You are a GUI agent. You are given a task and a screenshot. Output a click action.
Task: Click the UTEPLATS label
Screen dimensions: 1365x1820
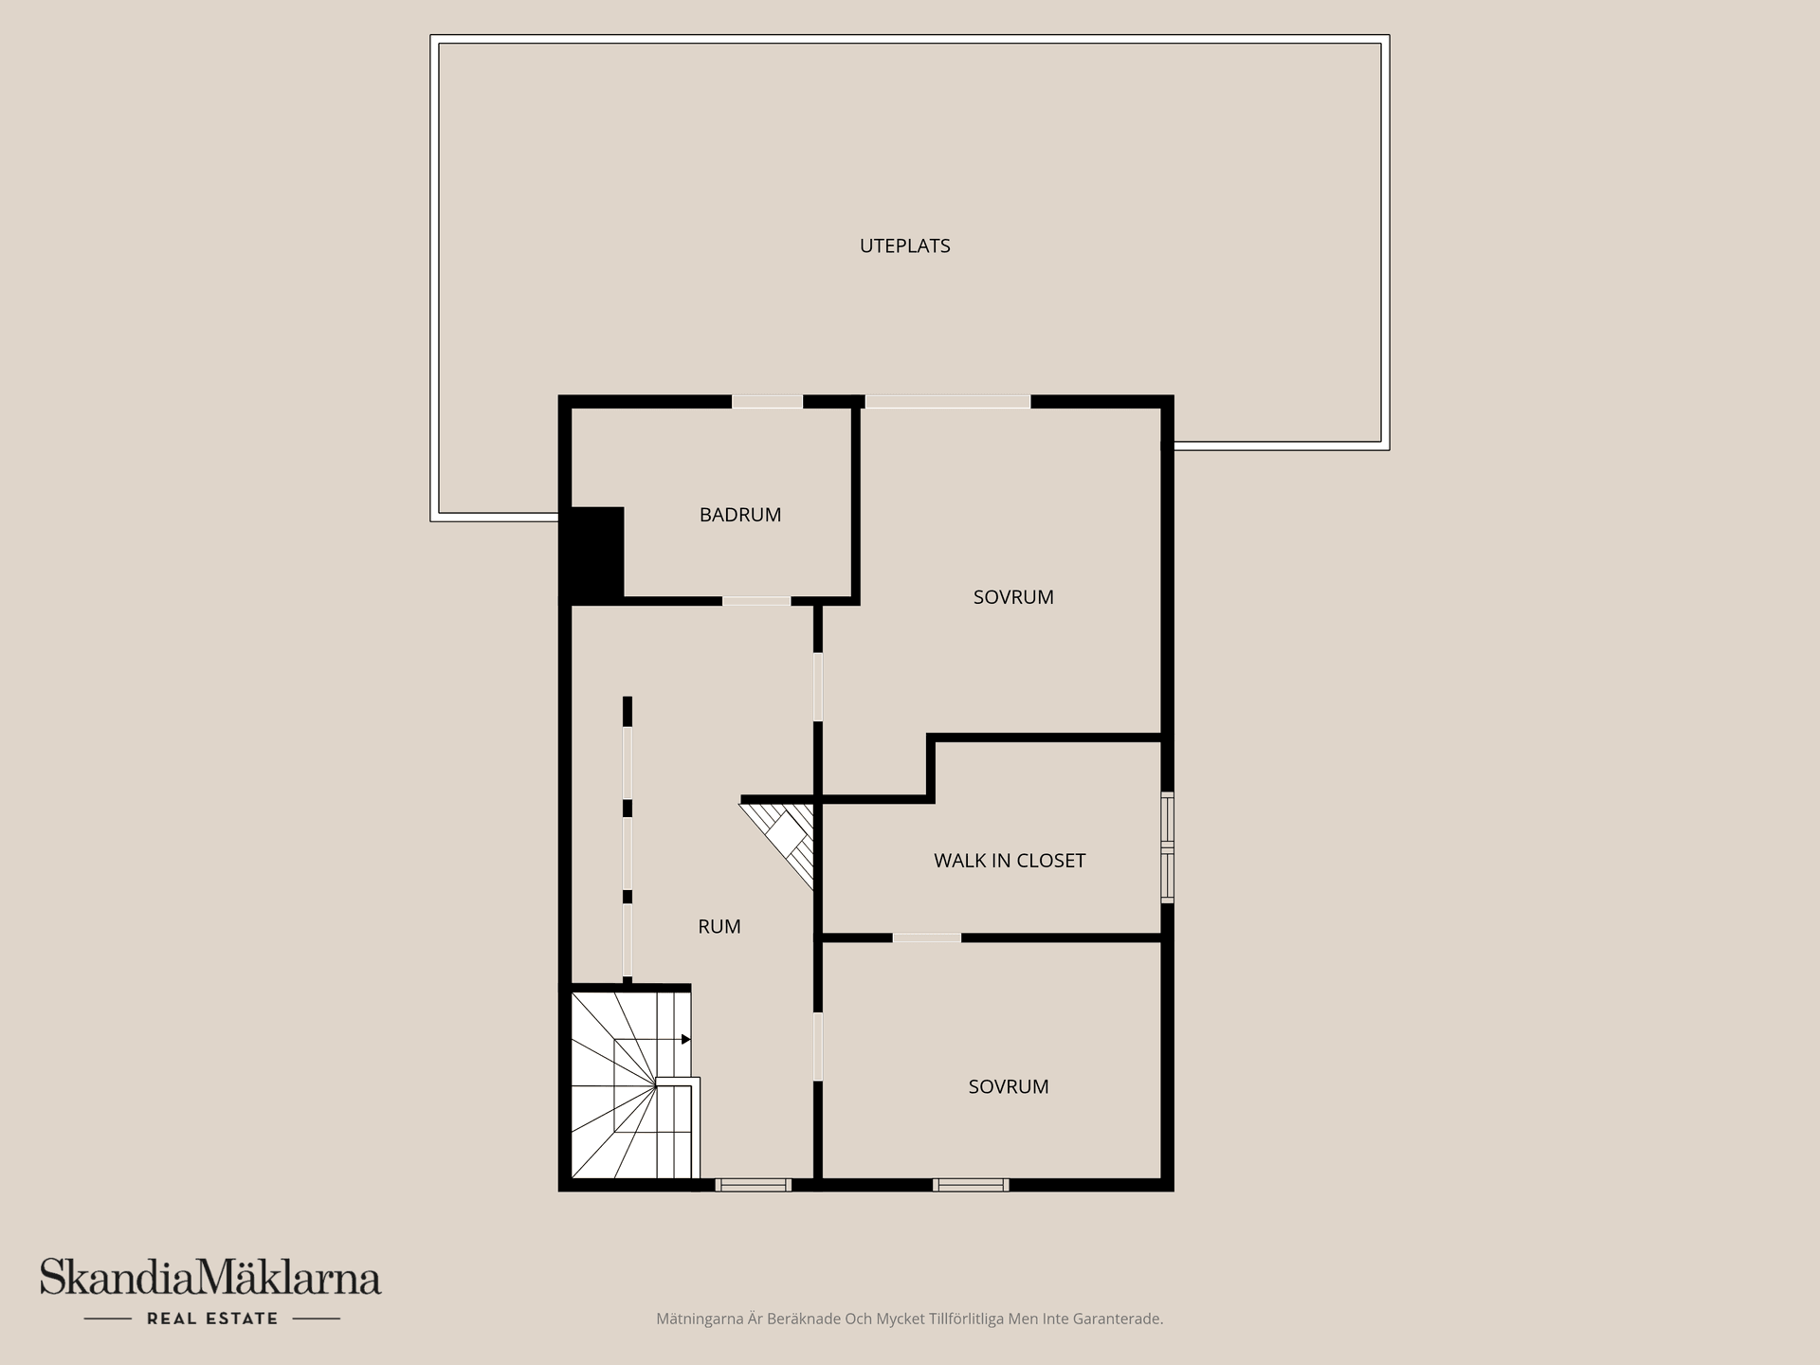(904, 246)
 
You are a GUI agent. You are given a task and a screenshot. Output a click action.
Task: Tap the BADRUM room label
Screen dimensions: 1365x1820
(740, 515)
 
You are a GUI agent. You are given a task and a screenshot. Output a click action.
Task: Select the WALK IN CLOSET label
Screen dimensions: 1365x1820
(1009, 861)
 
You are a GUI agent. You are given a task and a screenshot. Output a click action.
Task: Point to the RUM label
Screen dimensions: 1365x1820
(719, 927)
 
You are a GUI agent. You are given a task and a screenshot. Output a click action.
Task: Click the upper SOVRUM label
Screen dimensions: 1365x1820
(1013, 597)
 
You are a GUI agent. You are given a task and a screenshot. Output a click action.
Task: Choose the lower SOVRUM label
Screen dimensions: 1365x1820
(1008, 1086)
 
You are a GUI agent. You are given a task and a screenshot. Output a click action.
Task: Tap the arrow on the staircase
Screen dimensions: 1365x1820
(684, 1040)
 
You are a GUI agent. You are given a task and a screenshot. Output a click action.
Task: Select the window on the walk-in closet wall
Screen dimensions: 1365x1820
(1167, 846)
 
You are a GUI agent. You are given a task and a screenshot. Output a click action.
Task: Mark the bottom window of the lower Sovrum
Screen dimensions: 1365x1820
(971, 1184)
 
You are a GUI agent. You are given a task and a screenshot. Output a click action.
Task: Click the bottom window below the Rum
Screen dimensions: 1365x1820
(753, 1184)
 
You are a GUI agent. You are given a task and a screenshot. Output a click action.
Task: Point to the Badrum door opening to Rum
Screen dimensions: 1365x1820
(756, 601)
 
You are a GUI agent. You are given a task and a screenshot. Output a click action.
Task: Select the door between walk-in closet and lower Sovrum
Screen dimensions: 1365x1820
(926, 937)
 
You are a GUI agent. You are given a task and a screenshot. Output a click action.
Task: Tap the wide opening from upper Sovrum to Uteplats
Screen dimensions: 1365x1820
(947, 402)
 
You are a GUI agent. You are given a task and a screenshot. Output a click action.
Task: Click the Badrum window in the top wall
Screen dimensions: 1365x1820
(767, 402)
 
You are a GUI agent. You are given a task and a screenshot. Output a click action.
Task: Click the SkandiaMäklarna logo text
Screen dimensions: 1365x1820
(209, 1278)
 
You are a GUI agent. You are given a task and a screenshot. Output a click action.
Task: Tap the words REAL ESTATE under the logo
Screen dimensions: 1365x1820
(212, 1319)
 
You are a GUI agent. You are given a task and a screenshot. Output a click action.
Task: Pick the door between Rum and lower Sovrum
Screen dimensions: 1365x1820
(817, 1046)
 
